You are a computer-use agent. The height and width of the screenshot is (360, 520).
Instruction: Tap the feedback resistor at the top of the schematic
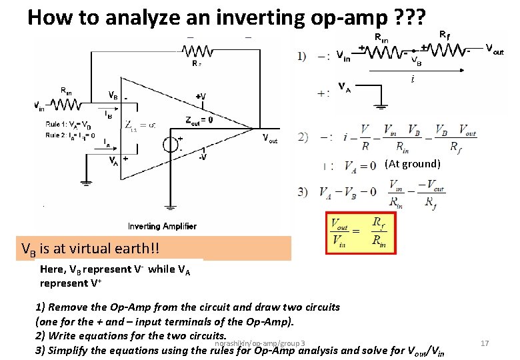coord(197,51)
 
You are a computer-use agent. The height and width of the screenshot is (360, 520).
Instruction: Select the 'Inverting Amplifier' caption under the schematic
coord(162,226)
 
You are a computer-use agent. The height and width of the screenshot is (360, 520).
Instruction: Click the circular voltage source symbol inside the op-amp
coord(171,145)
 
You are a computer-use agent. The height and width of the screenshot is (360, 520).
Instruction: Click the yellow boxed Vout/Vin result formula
coord(357,233)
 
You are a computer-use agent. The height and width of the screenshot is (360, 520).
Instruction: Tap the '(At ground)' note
coord(412,164)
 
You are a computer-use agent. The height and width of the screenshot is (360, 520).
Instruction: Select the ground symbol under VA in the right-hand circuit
coord(381,105)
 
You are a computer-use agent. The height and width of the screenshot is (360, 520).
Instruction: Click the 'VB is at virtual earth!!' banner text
coord(91,249)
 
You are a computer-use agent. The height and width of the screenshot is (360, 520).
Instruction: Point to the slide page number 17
coord(485,343)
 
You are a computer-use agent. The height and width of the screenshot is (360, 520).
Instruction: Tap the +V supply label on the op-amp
coord(201,97)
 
